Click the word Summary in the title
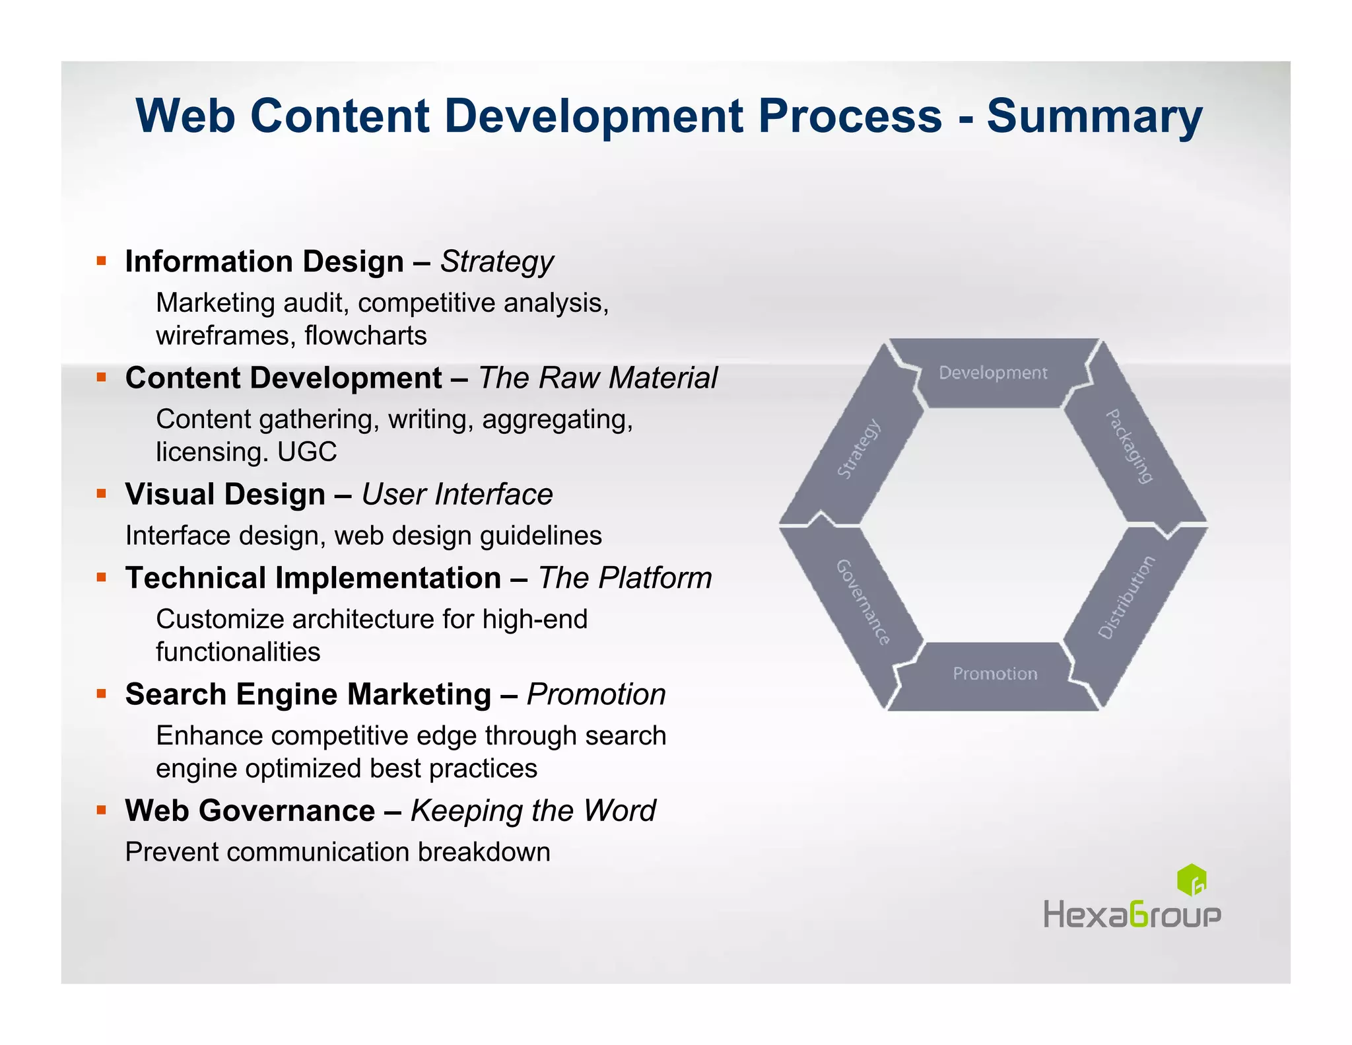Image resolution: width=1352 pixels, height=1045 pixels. tap(1094, 116)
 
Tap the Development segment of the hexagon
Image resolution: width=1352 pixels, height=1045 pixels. tap(992, 373)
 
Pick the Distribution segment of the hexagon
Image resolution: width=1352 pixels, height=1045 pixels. tap(1128, 598)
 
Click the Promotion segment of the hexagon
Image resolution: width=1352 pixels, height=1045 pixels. tap(994, 674)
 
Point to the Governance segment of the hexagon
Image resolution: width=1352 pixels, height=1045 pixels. tap(862, 601)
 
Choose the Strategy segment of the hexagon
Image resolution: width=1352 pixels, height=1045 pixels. tap(858, 449)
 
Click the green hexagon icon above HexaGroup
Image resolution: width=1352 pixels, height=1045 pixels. tap(1192, 880)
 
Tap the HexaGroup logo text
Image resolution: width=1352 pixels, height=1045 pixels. tap(1132, 916)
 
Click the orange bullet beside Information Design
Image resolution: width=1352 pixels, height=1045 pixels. tap(101, 261)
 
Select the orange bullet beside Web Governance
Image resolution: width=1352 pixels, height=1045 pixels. tap(101, 810)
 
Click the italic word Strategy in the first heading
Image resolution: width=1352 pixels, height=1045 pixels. tap(496, 262)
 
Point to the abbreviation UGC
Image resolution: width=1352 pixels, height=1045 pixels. tap(307, 452)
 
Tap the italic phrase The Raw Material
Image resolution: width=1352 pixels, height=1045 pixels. tap(597, 378)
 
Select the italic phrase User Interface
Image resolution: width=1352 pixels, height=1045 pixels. tap(457, 495)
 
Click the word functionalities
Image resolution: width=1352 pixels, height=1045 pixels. tap(238, 652)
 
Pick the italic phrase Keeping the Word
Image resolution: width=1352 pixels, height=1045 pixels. tap(533, 811)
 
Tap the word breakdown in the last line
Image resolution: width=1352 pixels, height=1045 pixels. tap(483, 852)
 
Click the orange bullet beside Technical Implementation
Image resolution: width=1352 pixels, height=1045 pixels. tap(101, 577)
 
